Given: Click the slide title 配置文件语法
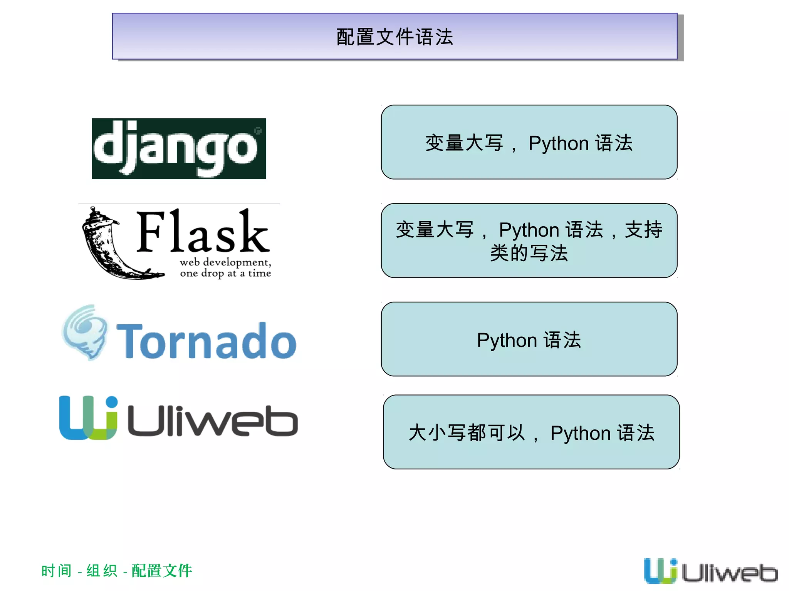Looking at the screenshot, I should click(x=394, y=37).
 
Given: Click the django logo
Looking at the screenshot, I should click(x=179, y=149).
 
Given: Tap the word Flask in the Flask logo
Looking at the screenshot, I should click(x=202, y=232).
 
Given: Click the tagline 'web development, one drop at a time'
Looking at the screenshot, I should click(x=225, y=268).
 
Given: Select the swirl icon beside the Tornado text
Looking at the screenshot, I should click(x=86, y=332).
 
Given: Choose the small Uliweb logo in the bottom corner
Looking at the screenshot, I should click(x=710, y=571).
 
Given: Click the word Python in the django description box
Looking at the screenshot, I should click(x=559, y=144).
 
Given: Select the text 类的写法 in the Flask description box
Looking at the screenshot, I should click(x=529, y=253).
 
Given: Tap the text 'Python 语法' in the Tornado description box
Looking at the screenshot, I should click(x=529, y=340).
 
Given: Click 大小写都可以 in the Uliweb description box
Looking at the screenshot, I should click(x=467, y=433).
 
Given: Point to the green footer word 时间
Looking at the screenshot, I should click(x=56, y=571).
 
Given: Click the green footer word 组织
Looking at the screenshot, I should click(x=102, y=571).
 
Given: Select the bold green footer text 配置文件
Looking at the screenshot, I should click(x=162, y=571).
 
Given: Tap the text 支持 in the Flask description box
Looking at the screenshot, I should click(x=643, y=230).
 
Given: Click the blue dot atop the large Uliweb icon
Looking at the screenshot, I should click(x=111, y=402).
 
